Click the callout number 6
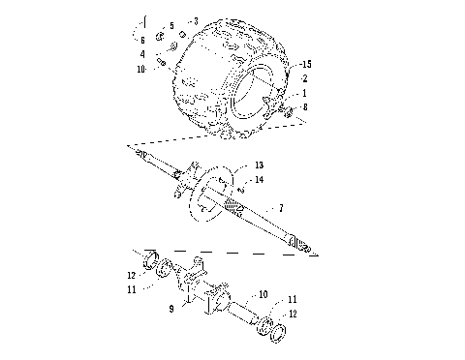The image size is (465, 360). (x=142, y=40)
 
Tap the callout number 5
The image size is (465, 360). (x=171, y=25)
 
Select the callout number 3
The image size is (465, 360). (x=195, y=20)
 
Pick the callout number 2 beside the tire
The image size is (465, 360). (x=305, y=77)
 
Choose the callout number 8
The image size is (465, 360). (x=305, y=107)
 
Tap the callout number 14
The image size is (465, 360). (x=260, y=181)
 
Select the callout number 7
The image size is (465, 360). (x=281, y=208)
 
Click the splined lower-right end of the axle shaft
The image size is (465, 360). (x=302, y=250)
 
